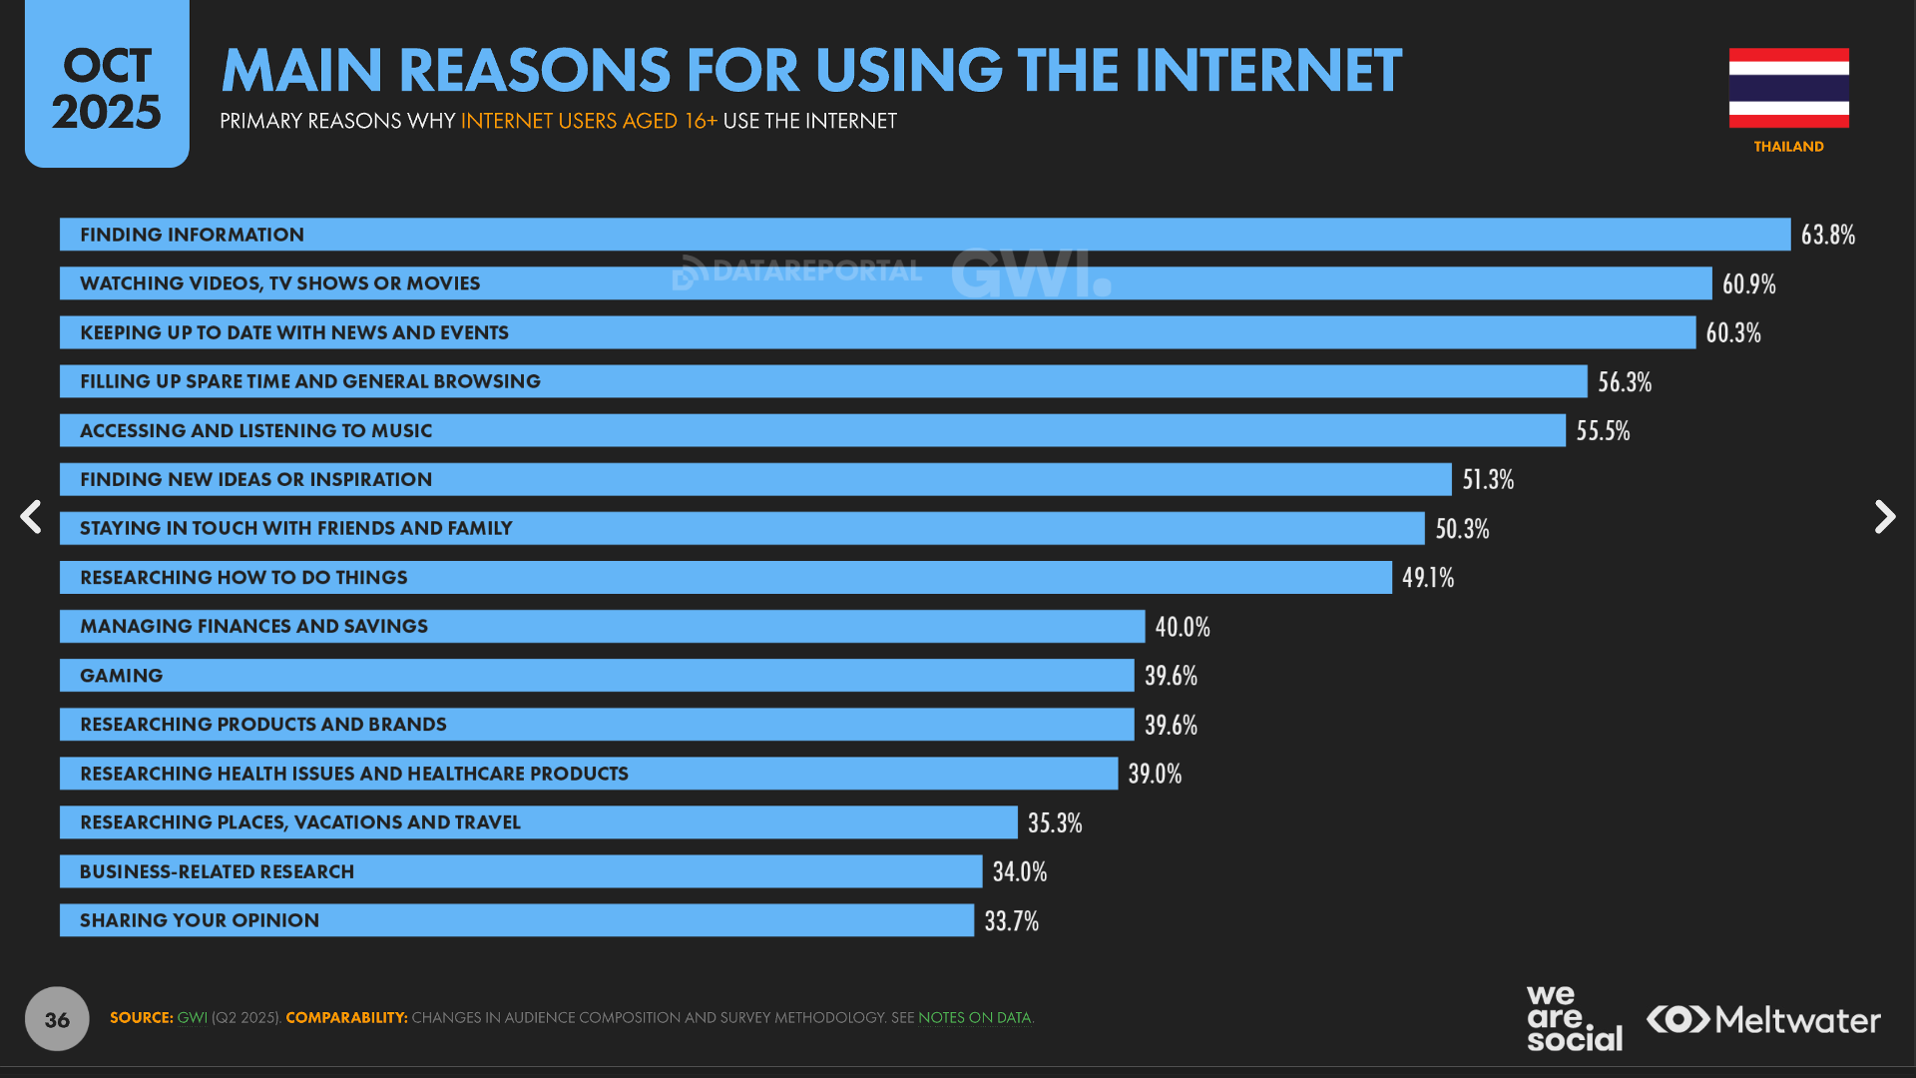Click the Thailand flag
pyautogui.click(x=1788, y=88)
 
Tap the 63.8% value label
pyautogui.click(x=1827, y=235)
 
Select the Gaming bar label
pyautogui.click(x=121, y=676)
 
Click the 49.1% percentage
pyautogui.click(x=1427, y=578)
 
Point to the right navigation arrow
pyautogui.click(x=1884, y=517)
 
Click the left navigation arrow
pyautogui.click(x=31, y=517)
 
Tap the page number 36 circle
pyautogui.click(x=57, y=1019)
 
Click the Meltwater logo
pyautogui.click(x=1763, y=1019)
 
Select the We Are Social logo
pyautogui.click(x=1574, y=1018)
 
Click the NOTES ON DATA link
pyautogui.click(x=974, y=1018)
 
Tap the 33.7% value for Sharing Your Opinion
pyautogui.click(x=1011, y=921)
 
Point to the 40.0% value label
pyautogui.click(x=1183, y=627)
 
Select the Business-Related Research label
pyautogui.click(x=217, y=872)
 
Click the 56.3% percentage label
pyautogui.click(x=1625, y=382)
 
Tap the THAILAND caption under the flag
pyautogui.click(x=1788, y=147)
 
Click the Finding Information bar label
pyautogui.click(x=192, y=235)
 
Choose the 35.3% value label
pyautogui.click(x=1055, y=823)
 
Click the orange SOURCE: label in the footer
pyautogui.click(x=141, y=1018)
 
